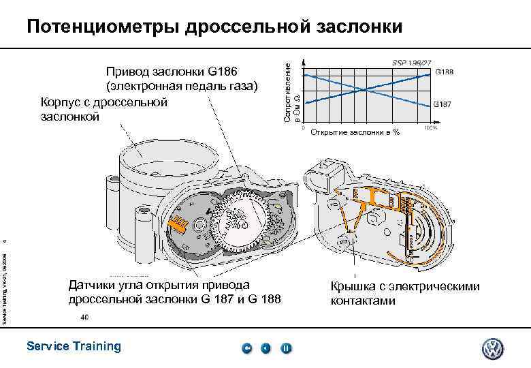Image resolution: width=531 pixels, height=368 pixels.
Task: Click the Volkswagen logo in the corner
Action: pos(492,349)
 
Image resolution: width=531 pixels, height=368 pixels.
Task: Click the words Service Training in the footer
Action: pos(73,346)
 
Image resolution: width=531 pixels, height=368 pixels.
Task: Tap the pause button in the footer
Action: pos(286,348)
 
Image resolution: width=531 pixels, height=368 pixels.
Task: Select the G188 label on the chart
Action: pos(445,72)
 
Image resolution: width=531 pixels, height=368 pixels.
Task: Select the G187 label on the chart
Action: pos(445,105)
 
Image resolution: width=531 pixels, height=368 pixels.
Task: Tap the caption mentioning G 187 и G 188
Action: pos(174,292)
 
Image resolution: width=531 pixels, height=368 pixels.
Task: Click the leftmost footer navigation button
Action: pos(247,348)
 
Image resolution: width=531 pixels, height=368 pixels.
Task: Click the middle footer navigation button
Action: pos(266,348)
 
